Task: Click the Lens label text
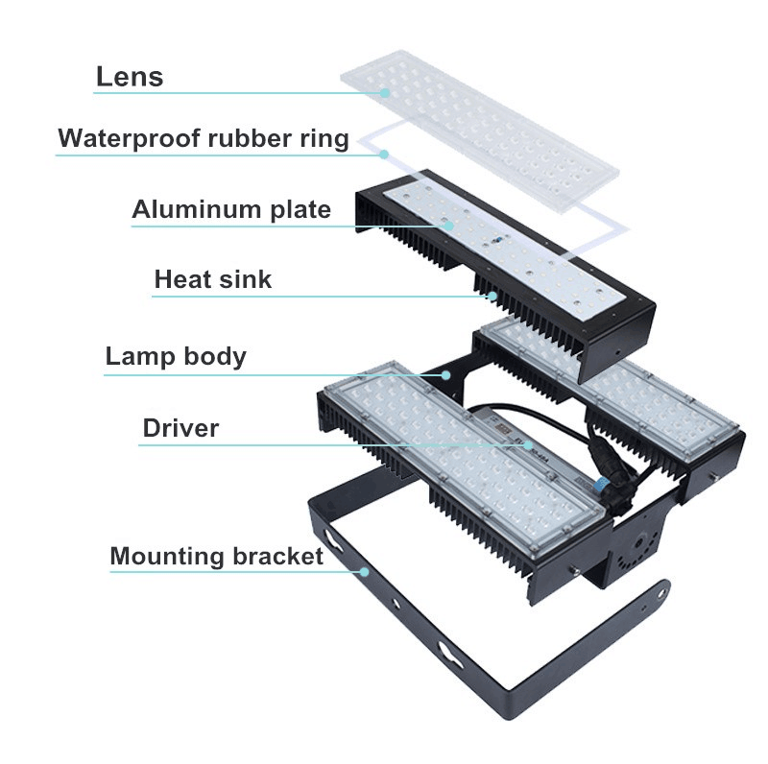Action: [130, 77]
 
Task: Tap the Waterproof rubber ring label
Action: [204, 138]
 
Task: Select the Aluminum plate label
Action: [231, 209]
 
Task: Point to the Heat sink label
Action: [212, 279]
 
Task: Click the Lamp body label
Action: [176, 356]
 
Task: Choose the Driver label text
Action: [180, 428]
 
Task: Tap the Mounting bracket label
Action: [217, 557]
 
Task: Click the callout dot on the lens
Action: [386, 92]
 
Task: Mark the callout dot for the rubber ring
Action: [385, 155]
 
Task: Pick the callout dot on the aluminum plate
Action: [448, 226]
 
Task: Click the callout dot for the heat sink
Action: [492, 296]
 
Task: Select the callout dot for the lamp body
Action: [445, 375]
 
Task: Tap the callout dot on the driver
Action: [528, 444]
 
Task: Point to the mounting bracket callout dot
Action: [365, 571]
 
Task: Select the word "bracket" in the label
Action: [277, 557]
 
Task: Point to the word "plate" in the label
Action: [300, 210]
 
